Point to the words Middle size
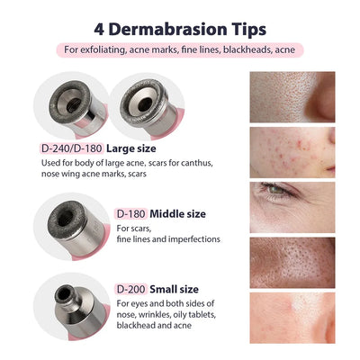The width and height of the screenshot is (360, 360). pyautogui.click(x=178, y=213)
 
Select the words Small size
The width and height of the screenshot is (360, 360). pyautogui.click(x=175, y=288)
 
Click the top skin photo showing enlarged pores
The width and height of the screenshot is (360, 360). pyautogui.click(x=292, y=95)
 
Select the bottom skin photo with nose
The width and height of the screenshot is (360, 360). pyautogui.click(x=292, y=317)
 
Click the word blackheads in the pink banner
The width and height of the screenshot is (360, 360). pyautogui.click(x=249, y=49)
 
